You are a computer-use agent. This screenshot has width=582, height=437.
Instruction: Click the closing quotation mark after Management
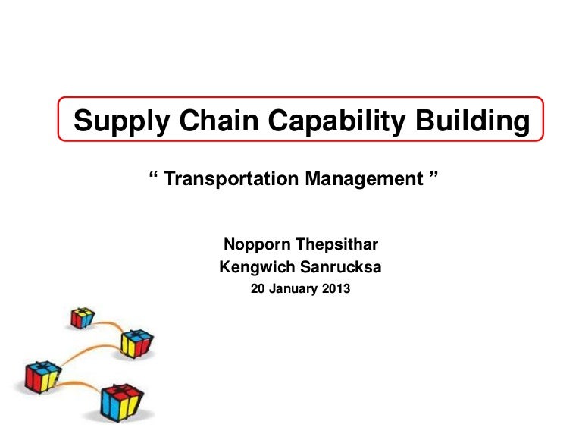pyautogui.click(x=433, y=176)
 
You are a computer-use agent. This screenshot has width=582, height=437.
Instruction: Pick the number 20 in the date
pyautogui.click(x=258, y=288)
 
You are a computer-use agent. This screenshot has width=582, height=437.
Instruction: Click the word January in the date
pyautogui.click(x=295, y=288)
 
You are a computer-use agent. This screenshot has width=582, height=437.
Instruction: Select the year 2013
pyautogui.click(x=336, y=288)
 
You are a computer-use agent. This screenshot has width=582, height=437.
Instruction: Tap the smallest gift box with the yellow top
pyautogui.click(x=82, y=317)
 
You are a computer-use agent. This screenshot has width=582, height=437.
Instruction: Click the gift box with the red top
pyautogui.click(x=121, y=401)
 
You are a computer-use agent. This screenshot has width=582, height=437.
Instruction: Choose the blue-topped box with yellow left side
pyautogui.click(x=136, y=343)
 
